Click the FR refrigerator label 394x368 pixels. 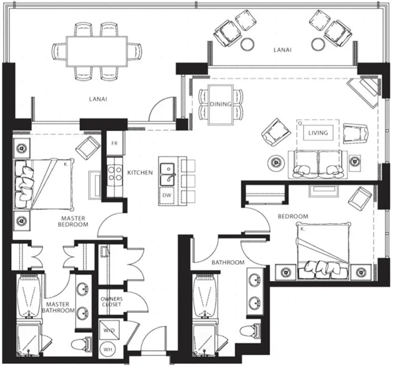115,143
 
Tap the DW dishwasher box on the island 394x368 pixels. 167,195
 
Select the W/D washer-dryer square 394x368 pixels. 109,330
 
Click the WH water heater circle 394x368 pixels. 108,349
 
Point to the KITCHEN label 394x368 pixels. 140,172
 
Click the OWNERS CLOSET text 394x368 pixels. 112,302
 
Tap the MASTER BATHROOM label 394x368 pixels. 58,308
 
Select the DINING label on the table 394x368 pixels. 220,104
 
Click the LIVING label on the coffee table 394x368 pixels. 318,133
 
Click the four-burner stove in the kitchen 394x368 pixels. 115,173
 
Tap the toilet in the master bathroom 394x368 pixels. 81,344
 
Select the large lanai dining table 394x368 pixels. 97,51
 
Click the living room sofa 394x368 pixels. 318,164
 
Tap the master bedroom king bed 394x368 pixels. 44,184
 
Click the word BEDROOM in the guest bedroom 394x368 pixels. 293,216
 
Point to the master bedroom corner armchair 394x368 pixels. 88,148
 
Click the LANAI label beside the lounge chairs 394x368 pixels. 282,50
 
